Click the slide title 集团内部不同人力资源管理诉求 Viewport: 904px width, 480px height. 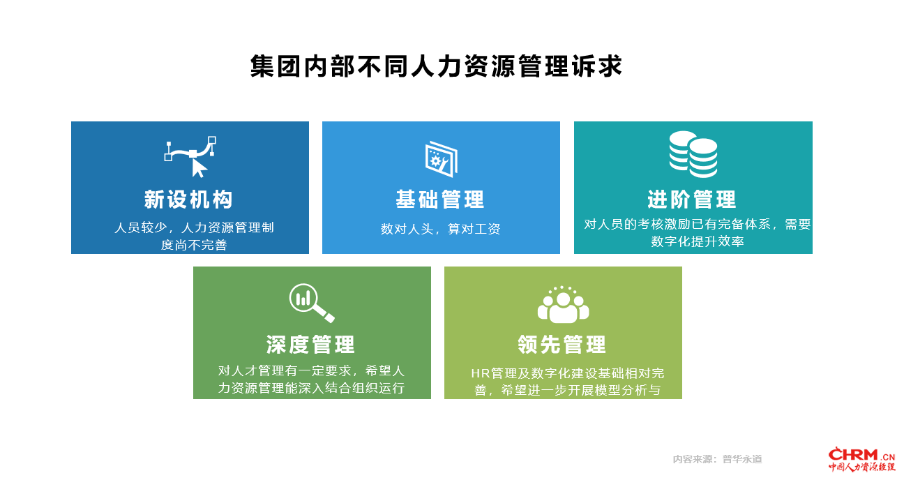coord(436,66)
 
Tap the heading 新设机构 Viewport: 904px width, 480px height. coord(188,200)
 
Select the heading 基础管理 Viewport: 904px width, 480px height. coord(440,200)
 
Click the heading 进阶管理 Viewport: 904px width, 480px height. coord(692,200)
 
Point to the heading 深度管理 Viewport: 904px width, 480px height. coord(310,345)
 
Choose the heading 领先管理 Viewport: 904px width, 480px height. coord(562,345)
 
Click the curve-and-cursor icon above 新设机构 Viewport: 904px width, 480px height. coord(190,157)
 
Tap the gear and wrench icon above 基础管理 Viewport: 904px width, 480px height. coord(441,159)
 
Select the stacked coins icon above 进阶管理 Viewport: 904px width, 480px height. coord(693,154)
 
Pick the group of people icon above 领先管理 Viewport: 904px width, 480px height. coord(563,304)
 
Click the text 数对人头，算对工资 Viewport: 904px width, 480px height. coord(440,229)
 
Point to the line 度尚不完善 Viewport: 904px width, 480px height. coord(194,245)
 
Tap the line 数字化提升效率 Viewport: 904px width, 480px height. coord(698,241)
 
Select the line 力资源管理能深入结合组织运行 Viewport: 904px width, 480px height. coord(311,388)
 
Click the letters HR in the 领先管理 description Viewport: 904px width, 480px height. coord(480,373)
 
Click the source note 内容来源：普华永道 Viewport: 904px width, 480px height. coord(717,459)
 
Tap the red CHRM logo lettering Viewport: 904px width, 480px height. coord(853,455)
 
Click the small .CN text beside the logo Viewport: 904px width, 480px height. coord(887,457)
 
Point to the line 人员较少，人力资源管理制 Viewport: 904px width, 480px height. coord(194,227)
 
